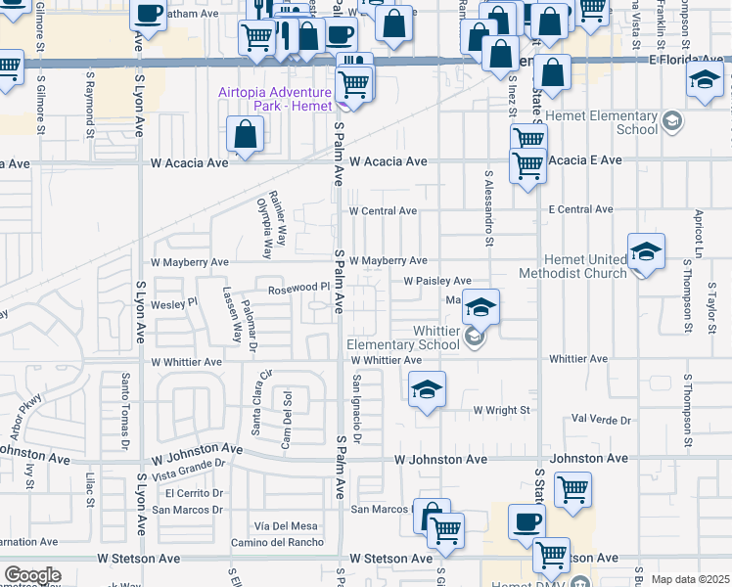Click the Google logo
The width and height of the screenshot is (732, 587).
(x=32, y=575)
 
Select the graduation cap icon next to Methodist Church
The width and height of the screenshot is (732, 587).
(x=646, y=253)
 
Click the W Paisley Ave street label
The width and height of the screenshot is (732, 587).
(x=437, y=281)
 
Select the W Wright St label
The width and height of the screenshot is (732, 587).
(x=500, y=410)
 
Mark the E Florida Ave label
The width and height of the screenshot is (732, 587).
(x=689, y=60)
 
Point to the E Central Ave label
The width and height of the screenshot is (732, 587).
(x=580, y=209)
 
